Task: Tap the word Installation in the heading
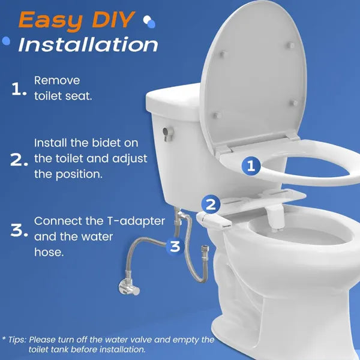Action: [x=88, y=45]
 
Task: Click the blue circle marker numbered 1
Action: [x=251, y=166]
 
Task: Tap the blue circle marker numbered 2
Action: [x=209, y=204]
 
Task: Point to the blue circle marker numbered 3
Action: [x=175, y=245]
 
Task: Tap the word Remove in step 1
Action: [x=57, y=80]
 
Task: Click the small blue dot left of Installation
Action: [x=7, y=41]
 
